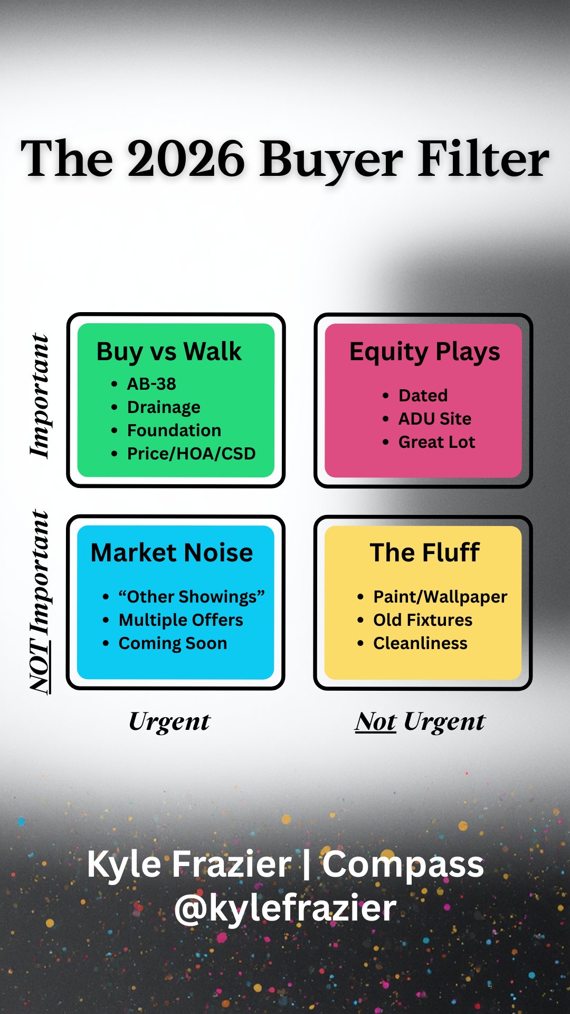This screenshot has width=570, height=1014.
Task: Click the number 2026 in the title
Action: coord(186,158)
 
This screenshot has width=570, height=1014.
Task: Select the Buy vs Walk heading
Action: coord(169,352)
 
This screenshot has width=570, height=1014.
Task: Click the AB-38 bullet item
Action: coord(151,384)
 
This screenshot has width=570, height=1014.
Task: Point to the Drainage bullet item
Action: coord(164,407)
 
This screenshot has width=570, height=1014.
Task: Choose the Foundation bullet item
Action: coord(174,430)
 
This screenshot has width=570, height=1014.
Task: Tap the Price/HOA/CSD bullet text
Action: coord(191,454)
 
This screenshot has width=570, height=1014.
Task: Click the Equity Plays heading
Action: coord(424,352)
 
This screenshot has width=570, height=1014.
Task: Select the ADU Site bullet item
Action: coord(435,419)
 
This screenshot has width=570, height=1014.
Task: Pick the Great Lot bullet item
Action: coord(436,442)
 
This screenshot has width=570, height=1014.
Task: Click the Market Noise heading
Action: coord(172,553)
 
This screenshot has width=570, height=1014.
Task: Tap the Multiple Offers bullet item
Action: coord(181,620)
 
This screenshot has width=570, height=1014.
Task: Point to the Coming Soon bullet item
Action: coord(173,643)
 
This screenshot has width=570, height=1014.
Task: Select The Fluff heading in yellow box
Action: coord(424,553)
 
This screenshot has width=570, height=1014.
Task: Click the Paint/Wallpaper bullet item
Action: coord(440,597)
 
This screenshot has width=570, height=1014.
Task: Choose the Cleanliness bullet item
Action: coord(420,643)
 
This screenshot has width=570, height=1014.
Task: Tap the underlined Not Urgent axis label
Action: coord(420,722)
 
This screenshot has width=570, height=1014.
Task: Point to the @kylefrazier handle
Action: coord(285,908)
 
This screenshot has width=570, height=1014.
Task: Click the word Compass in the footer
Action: coord(403,865)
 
